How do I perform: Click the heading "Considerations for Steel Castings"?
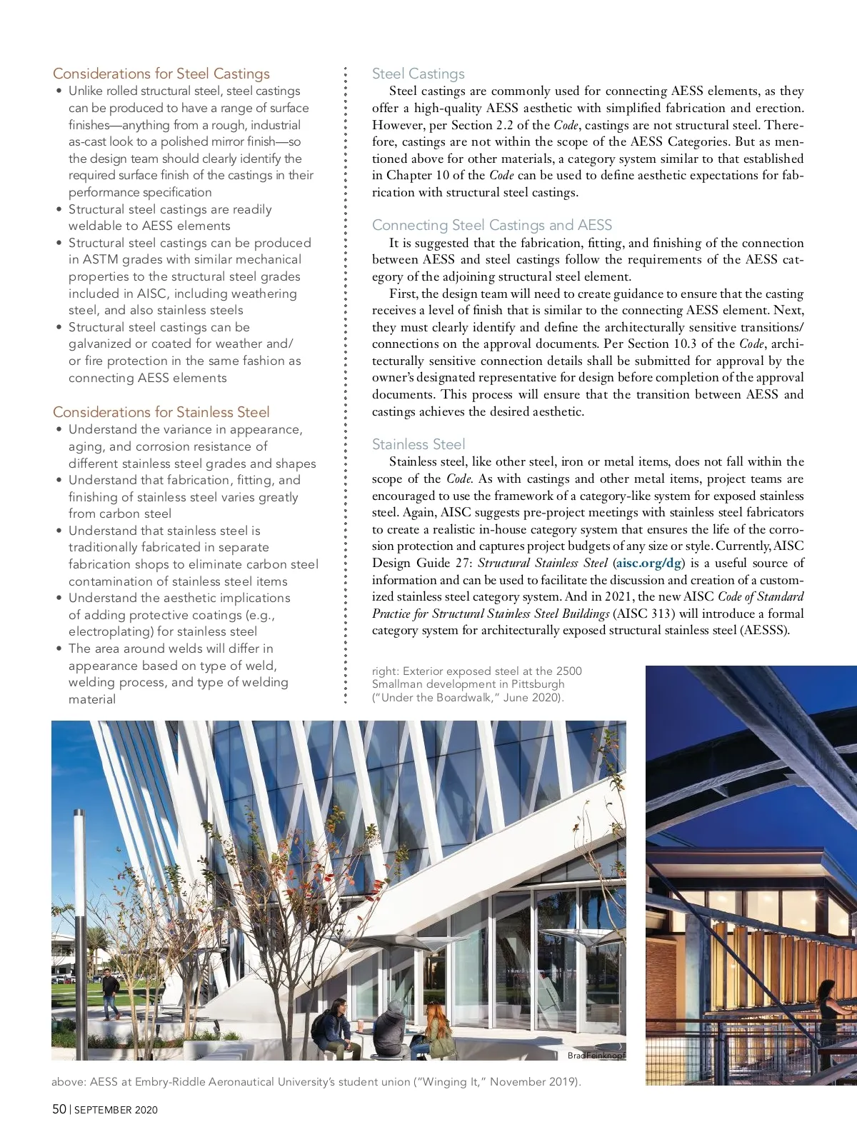click(x=161, y=74)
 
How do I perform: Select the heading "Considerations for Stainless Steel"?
click(x=161, y=412)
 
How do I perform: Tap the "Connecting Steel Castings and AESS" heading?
click(x=491, y=225)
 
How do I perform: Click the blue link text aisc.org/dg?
click(x=648, y=563)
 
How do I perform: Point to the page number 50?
click(x=59, y=1109)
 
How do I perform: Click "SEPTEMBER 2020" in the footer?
click(x=116, y=1110)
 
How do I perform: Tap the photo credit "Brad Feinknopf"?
click(x=596, y=1056)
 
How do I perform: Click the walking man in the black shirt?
click(x=110, y=993)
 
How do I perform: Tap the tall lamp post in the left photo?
click(x=79, y=928)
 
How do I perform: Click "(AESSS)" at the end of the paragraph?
click(x=765, y=631)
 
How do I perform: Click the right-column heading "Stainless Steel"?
click(x=418, y=444)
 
